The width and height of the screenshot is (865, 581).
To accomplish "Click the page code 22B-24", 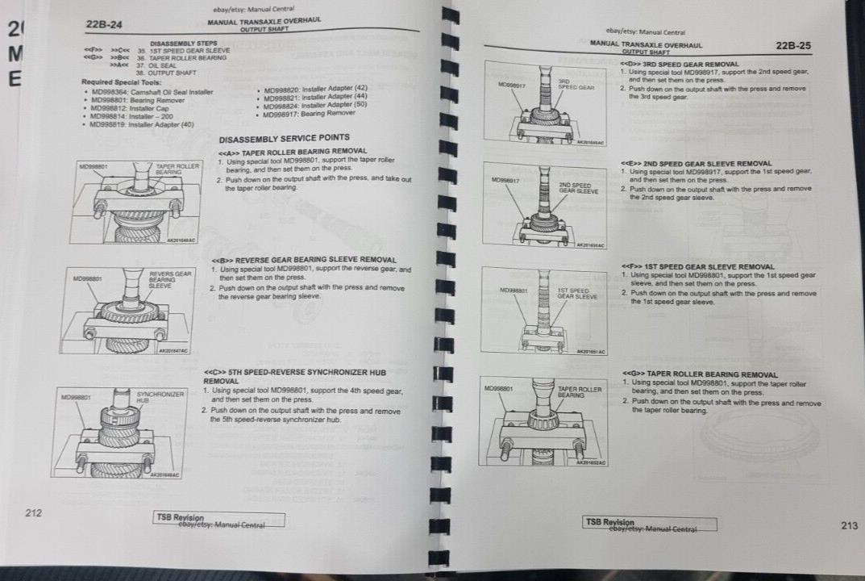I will coord(104,24).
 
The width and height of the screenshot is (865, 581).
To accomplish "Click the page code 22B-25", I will coord(793,46).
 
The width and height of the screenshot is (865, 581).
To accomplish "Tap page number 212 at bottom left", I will coord(33,512).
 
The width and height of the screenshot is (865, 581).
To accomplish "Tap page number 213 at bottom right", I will coord(849,525).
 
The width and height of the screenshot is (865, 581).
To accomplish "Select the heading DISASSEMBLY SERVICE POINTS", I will coord(284,138).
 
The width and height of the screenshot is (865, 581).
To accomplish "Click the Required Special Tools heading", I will coord(121,82).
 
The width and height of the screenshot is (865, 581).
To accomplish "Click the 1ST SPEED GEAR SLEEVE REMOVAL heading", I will coord(698,266).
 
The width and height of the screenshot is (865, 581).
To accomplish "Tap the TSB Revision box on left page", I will coord(219,520).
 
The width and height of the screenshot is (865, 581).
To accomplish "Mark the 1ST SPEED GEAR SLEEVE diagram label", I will coord(577,293).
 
